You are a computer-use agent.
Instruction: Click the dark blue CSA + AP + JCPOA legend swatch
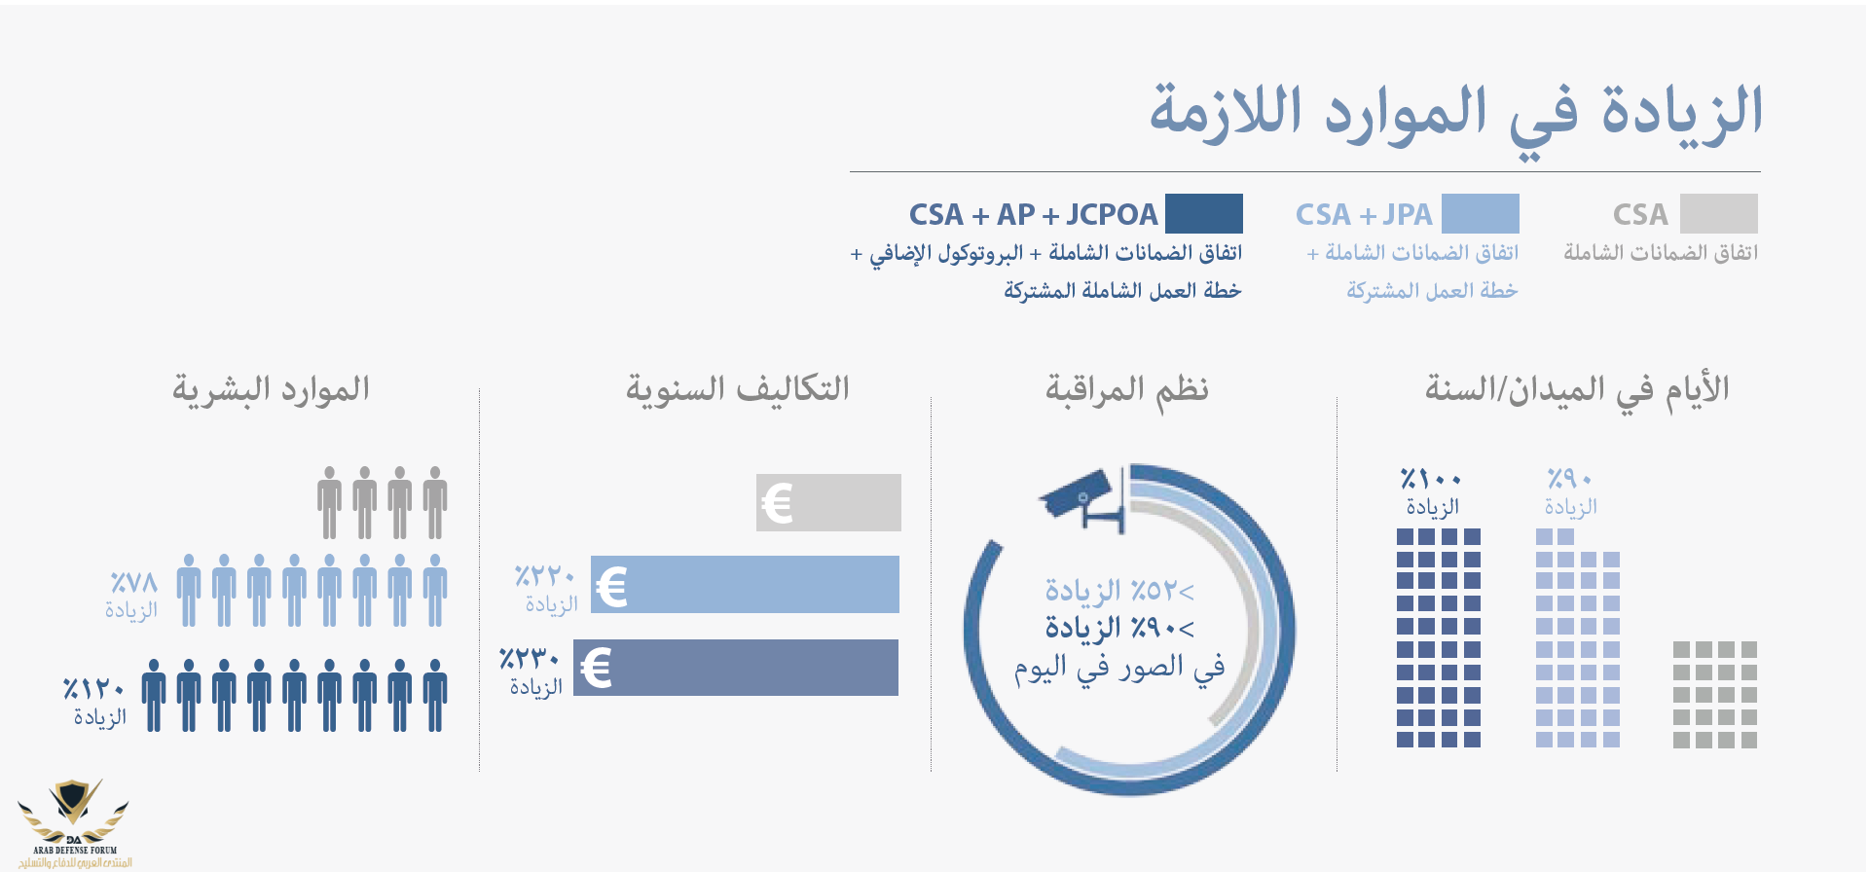click(1203, 213)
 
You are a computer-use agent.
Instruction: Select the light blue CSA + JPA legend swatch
click(1480, 213)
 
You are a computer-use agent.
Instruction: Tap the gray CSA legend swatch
click(1718, 213)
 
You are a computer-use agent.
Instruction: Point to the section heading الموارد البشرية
click(272, 389)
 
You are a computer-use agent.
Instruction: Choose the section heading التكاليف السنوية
click(738, 389)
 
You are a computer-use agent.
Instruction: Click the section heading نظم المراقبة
click(1127, 389)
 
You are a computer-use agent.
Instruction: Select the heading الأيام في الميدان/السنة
click(1577, 390)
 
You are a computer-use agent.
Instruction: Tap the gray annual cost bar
click(828, 502)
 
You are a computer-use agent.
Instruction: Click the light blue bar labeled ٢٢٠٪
click(745, 584)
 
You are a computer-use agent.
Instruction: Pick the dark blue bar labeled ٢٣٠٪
click(736, 668)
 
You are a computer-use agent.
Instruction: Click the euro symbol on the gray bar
click(777, 503)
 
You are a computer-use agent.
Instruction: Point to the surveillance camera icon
click(1084, 498)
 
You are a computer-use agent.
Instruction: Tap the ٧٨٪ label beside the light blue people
click(133, 583)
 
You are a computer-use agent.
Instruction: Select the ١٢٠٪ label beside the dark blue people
click(94, 689)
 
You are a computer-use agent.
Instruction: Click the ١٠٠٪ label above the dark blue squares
click(1431, 479)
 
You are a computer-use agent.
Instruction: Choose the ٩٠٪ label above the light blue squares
click(1569, 479)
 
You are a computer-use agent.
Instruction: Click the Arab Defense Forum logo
click(74, 823)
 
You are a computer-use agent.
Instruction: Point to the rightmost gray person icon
click(435, 502)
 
